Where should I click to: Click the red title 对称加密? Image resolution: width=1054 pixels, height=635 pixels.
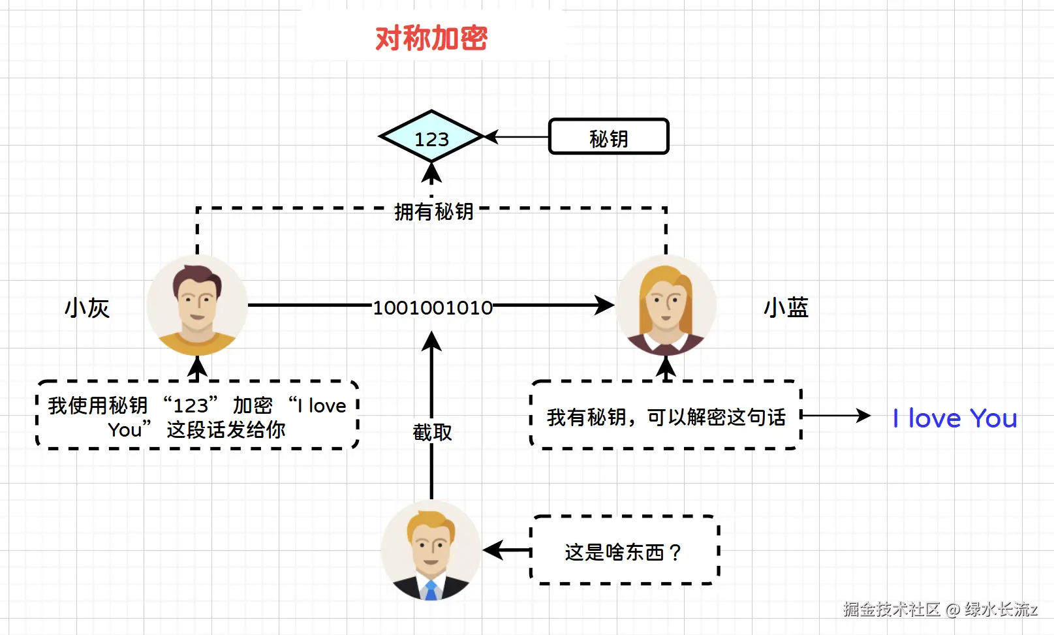coord(431,38)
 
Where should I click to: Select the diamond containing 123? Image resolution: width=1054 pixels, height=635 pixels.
coord(431,137)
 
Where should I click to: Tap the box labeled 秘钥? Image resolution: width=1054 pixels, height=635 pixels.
coord(608,137)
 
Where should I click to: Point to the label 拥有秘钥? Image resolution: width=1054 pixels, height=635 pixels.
coord(433,211)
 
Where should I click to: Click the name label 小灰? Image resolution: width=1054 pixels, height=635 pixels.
coord(87,308)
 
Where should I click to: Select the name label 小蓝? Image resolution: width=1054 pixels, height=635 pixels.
coord(786,307)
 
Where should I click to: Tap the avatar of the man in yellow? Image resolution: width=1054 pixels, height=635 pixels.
coord(197,305)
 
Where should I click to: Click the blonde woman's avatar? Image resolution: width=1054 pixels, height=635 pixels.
coord(666,305)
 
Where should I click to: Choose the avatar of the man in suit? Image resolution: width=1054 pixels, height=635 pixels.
coord(431,550)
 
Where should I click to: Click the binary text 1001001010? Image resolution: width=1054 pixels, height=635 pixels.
coord(432,307)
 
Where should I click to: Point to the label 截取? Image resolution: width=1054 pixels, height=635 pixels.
coord(432,431)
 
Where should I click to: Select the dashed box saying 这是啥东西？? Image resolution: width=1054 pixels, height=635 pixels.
coord(625,550)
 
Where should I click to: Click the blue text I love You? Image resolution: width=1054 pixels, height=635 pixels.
coord(955,418)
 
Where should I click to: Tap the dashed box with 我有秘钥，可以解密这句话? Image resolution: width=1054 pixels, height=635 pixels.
coord(666,416)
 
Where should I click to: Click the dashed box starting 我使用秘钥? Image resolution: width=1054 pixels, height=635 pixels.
coord(197,416)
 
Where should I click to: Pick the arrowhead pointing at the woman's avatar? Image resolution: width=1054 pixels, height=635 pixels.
coord(604,305)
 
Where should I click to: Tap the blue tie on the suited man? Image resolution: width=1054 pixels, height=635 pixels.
coord(431,590)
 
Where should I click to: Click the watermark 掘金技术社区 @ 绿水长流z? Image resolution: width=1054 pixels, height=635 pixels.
coord(940,610)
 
